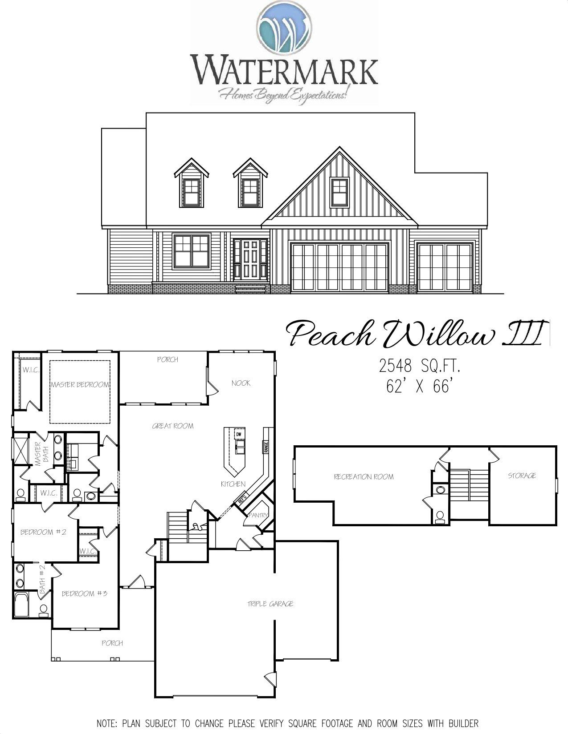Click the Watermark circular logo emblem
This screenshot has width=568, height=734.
click(284, 25)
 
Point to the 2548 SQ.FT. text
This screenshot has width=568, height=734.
click(419, 367)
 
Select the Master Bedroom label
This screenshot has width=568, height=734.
click(80, 384)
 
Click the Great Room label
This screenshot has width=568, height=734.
click(173, 426)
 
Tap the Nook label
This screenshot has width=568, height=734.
click(241, 383)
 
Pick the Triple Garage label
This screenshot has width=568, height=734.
click(270, 604)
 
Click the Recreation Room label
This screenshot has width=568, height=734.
click(364, 477)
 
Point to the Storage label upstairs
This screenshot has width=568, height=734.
click(522, 476)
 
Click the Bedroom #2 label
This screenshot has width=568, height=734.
click(43, 532)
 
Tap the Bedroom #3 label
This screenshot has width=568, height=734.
click(84, 593)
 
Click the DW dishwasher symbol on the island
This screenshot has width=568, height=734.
click(239, 434)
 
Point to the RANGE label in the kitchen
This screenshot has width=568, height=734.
click(266, 446)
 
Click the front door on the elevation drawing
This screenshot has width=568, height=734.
click(251, 259)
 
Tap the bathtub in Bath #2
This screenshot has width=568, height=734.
click(21, 605)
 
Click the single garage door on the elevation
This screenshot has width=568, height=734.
click(445, 266)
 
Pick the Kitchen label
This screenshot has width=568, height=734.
click(233, 484)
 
